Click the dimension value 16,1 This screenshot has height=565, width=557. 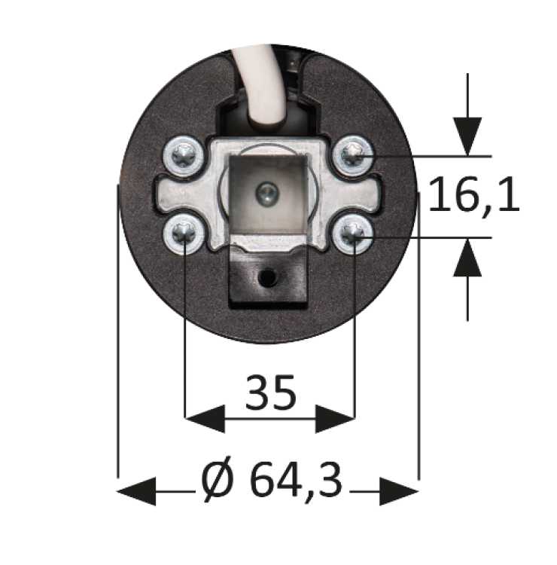(474, 197)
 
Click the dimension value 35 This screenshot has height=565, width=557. (269, 392)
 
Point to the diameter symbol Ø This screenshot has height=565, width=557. (218, 480)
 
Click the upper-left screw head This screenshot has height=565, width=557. (184, 156)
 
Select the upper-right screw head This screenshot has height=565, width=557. (353, 155)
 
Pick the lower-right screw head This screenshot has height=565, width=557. (354, 237)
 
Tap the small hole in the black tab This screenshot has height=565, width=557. (266, 279)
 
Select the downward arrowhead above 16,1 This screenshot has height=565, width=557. (468, 136)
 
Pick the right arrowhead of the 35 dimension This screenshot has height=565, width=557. (335, 417)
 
